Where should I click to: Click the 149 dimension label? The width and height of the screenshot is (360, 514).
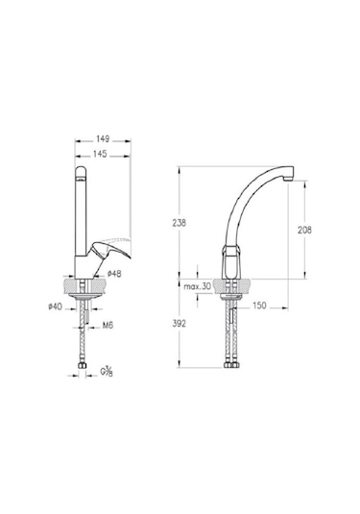click(103, 139)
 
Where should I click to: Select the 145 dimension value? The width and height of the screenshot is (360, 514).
click(100, 154)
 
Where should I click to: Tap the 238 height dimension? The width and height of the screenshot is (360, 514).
click(180, 223)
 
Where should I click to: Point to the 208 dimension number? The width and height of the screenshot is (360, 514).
click(304, 231)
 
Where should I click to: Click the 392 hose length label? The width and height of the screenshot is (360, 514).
click(180, 324)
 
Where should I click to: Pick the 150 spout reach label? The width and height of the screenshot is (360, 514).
click(259, 306)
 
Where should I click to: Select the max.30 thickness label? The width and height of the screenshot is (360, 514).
click(197, 286)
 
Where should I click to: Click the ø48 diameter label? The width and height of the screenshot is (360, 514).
click(114, 274)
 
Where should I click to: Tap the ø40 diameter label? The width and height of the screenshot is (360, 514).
click(55, 306)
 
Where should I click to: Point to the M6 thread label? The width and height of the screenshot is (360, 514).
click(108, 326)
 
